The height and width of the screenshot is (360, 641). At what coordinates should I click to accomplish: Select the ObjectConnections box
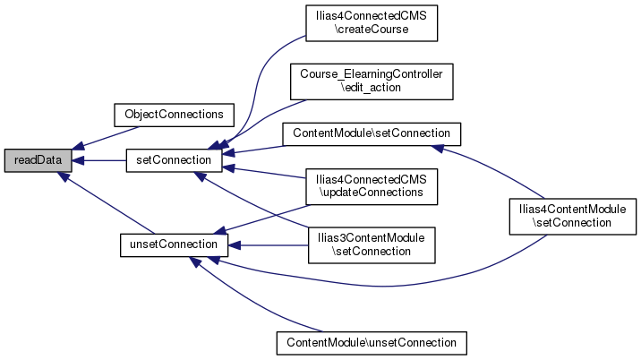coord(173,115)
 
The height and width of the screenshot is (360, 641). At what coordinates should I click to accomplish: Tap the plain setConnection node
coord(173,159)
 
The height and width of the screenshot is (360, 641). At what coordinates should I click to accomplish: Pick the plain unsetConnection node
coord(169,244)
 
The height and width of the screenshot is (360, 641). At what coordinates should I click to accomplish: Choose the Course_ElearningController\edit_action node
coord(371,81)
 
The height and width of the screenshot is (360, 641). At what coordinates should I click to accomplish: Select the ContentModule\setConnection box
coord(371,133)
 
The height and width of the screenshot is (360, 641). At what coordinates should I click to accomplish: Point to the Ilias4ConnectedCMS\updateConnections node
coord(371,185)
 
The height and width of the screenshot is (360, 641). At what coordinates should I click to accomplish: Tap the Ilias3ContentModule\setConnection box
coord(371,244)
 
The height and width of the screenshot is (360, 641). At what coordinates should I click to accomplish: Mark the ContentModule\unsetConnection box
coord(371,342)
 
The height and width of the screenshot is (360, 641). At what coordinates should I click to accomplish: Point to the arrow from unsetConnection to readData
coord(98,201)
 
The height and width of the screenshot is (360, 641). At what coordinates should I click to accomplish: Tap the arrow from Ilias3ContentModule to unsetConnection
coord(269,244)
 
